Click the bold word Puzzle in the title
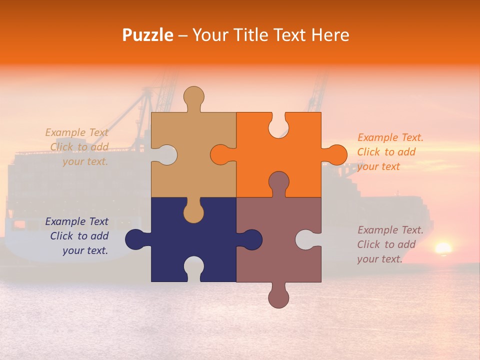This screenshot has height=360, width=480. [148, 34]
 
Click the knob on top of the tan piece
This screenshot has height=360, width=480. [193, 97]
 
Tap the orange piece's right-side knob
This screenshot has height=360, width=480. [336, 154]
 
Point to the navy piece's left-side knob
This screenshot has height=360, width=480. [136, 239]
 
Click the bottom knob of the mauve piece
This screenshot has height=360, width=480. [278, 296]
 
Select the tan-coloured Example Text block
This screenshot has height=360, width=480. [77, 147]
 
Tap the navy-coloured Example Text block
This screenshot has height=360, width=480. [77, 236]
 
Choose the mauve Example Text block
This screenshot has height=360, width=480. [390, 244]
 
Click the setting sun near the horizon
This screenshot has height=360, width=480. [443, 248]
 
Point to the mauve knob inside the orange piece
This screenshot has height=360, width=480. [278, 183]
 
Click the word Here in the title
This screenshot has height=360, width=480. [330, 34]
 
